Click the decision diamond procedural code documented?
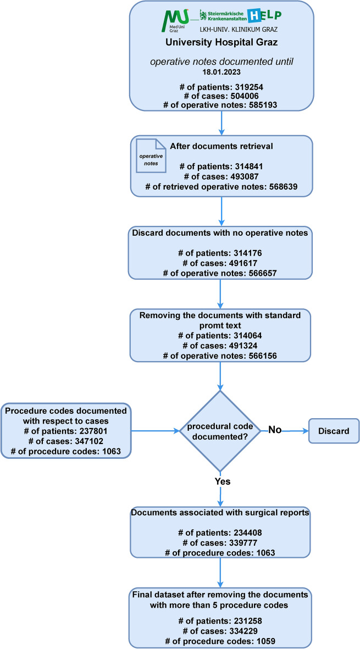point(220,431)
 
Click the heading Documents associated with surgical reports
point(220,513)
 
